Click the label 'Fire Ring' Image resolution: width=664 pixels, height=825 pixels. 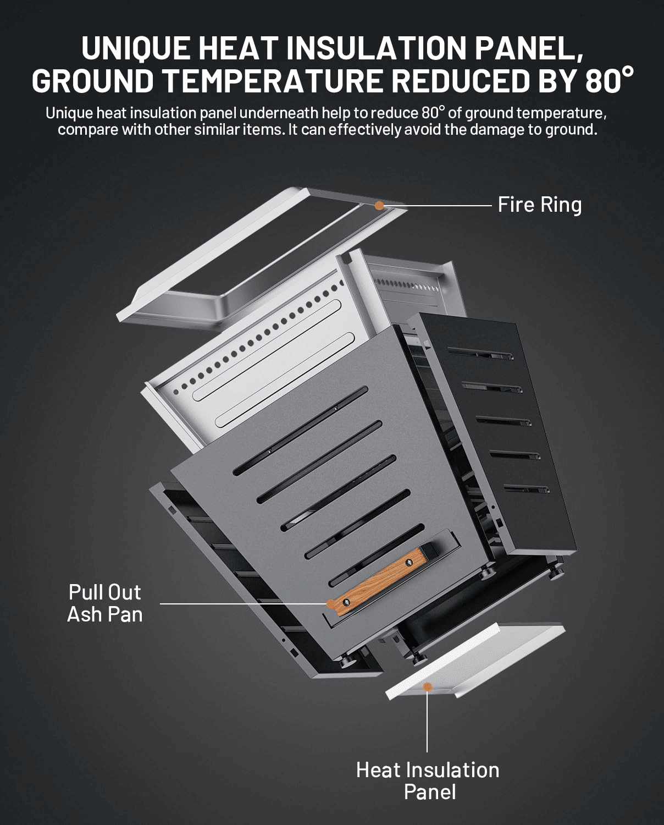(539, 205)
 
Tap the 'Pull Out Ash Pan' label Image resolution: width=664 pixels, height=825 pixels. (104, 603)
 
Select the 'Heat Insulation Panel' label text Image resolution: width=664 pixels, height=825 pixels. (428, 780)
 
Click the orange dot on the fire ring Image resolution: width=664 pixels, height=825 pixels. (379, 205)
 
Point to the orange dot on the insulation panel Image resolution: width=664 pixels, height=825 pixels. (427, 686)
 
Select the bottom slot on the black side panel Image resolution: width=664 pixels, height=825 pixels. (527, 488)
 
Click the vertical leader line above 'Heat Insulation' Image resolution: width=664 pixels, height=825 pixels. (427, 721)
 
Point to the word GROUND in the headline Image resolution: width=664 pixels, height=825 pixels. (92, 81)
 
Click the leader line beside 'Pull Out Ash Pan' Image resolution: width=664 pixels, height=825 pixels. (242, 604)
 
